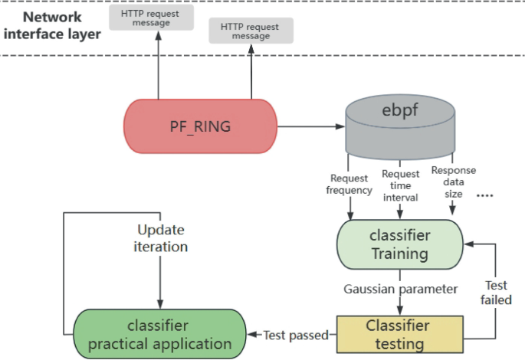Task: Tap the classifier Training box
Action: [x=399, y=244]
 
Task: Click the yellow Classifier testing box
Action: [x=399, y=334]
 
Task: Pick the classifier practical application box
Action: [x=159, y=334]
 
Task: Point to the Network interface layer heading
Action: [x=53, y=25]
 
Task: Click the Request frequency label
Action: [x=350, y=184]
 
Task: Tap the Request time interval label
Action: [x=400, y=185]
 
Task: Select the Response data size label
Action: [x=454, y=182]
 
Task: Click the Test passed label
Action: [x=295, y=335]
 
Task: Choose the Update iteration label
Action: [x=162, y=238]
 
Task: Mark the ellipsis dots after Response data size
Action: [x=485, y=195]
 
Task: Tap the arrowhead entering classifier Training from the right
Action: [x=469, y=244]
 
